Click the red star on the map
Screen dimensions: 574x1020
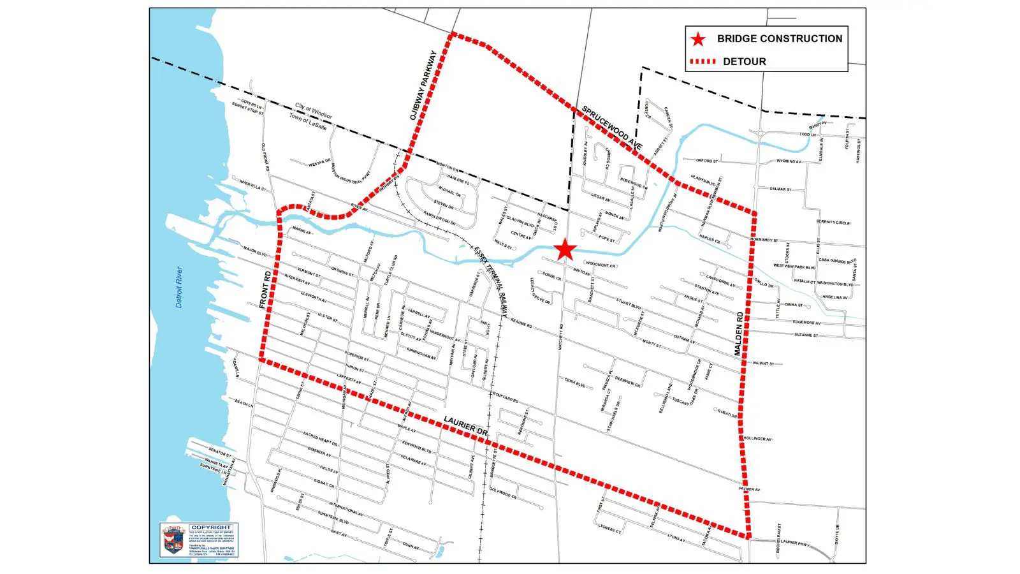click(565, 250)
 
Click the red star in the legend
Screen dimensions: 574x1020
click(699, 40)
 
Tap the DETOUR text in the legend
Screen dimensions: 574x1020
click(744, 62)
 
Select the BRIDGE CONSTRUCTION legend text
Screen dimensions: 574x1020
click(779, 39)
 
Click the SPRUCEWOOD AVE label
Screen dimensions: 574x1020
click(611, 128)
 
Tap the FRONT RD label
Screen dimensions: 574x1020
click(266, 290)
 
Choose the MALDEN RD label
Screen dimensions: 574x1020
click(739, 334)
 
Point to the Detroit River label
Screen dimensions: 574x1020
click(179, 288)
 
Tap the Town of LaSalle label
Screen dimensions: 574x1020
click(308, 122)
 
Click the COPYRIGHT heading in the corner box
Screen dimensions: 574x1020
click(211, 527)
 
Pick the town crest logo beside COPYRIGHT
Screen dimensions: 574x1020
click(173, 540)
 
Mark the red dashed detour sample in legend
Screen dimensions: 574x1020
click(703, 62)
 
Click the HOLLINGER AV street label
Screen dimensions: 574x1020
click(757, 439)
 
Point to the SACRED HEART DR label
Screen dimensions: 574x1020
click(320, 439)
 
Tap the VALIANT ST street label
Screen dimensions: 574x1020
click(763, 364)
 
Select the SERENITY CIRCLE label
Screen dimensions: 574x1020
click(833, 223)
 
